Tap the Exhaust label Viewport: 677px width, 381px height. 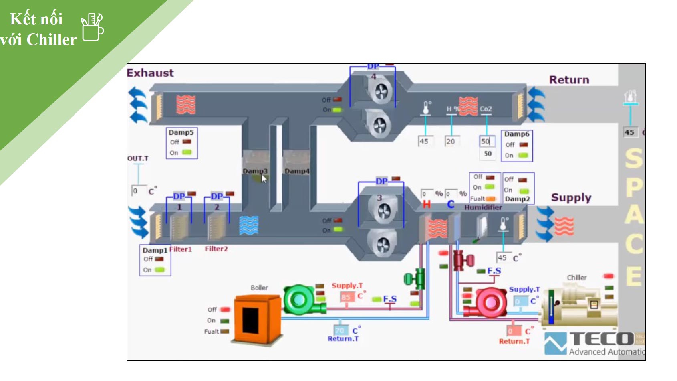coord(151,73)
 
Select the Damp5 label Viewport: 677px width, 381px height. coord(181,132)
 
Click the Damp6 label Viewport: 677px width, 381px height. coord(516,134)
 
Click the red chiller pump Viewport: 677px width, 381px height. coord(486,302)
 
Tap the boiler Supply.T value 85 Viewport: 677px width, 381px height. coord(346,297)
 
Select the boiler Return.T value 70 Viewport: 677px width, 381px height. coord(340,331)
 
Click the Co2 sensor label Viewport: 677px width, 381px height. coord(486,109)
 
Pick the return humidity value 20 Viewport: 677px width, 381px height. coord(451,141)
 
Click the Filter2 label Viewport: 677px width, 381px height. coord(216,249)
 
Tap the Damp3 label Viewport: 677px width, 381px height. coord(255,171)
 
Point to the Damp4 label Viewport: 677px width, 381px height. coord(297,171)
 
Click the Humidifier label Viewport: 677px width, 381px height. coord(483,207)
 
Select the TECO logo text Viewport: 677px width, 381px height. coord(601,339)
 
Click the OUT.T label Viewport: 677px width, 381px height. coord(138,158)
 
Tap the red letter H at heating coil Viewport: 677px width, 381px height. coord(427,205)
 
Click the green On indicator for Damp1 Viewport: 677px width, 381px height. coord(160,270)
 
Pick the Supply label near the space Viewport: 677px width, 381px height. coord(571,197)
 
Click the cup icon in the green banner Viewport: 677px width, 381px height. coord(93,27)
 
